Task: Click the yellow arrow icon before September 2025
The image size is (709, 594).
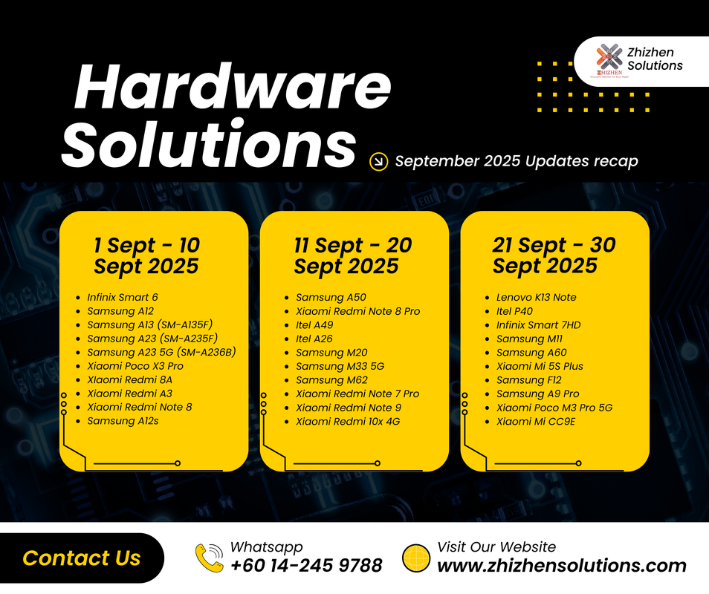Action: (x=378, y=161)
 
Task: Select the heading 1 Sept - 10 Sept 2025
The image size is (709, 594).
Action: (x=146, y=255)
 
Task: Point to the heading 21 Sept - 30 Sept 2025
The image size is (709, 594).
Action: (x=554, y=255)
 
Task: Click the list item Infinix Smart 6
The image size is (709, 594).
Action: (x=123, y=297)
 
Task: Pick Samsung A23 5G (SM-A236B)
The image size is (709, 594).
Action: (x=161, y=352)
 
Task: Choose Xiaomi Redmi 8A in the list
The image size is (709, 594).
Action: (x=129, y=379)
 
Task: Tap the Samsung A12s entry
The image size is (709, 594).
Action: (x=123, y=421)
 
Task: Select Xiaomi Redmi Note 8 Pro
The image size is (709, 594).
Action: (x=357, y=311)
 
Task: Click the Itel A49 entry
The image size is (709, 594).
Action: (x=314, y=324)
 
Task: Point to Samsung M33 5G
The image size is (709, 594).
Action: (x=340, y=366)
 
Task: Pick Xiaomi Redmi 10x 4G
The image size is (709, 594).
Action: (x=349, y=421)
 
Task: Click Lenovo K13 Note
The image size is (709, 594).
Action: (x=536, y=297)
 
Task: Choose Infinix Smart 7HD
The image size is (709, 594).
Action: (x=538, y=324)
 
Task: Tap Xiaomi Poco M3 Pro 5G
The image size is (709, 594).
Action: (x=554, y=408)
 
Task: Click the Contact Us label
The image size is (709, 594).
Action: (x=82, y=558)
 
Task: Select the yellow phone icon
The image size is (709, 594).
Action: (x=210, y=558)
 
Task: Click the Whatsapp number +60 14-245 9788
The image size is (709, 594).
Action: (x=306, y=566)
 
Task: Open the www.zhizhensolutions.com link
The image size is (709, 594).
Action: (x=562, y=566)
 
